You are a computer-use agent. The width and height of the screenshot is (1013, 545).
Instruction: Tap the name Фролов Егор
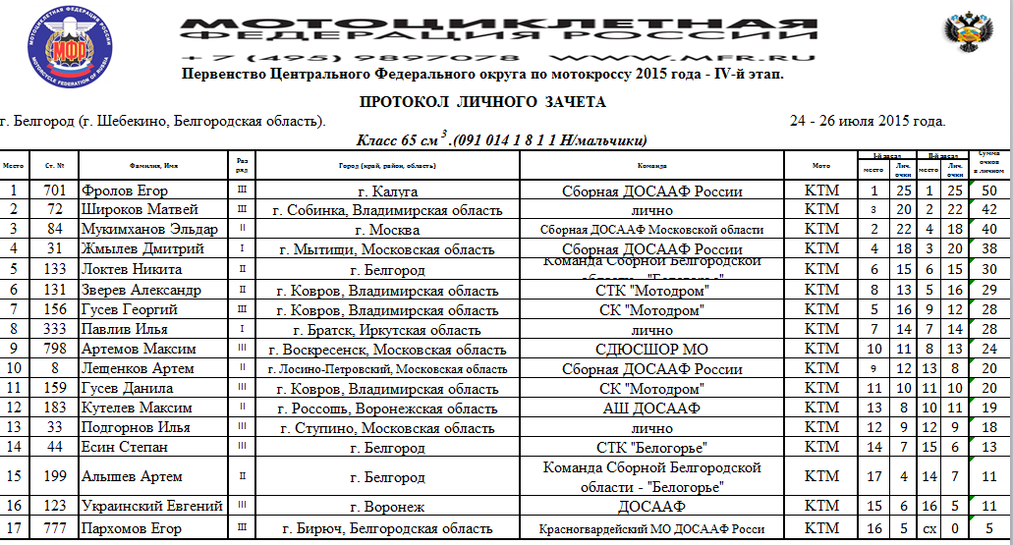(x=124, y=191)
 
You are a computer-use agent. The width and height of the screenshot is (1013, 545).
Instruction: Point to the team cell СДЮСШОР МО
(x=650, y=349)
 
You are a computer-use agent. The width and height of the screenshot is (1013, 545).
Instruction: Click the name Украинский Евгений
(x=152, y=507)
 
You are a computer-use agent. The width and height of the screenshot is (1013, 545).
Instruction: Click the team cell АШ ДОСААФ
(x=650, y=408)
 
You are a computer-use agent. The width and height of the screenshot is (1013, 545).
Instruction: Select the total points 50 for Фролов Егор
(x=988, y=191)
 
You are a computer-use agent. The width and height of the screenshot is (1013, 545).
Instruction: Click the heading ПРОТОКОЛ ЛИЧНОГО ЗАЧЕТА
(x=482, y=102)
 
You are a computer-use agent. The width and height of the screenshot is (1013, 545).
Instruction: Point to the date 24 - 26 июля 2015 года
(x=868, y=122)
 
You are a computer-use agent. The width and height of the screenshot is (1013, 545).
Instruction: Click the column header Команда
(x=651, y=166)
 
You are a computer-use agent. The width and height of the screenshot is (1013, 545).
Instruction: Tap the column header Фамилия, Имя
(x=152, y=166)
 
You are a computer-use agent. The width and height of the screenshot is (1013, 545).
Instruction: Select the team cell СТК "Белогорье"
(x=650, y=447)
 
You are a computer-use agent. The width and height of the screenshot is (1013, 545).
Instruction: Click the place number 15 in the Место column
(x=14, y=476)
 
